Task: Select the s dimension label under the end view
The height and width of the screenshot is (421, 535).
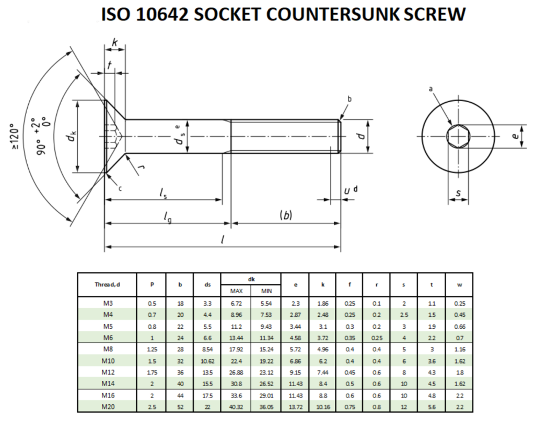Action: pyautogui.click(x=458, y=194)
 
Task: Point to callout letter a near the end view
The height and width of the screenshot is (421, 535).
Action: pyautogui.click(x=431, y=90)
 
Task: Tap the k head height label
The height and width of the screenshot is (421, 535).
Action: pyautogui.click(x=114, y=43)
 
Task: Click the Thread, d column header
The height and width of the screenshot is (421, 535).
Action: pyautogui.click(x=107, y=284)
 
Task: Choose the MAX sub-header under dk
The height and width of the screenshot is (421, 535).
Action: pyautogui.click(x=236, y=291)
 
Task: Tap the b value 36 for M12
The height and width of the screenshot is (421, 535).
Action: pyautogui.click(x=180, y=371)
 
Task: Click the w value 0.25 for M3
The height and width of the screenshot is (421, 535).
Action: pyautogui.click(x=459, y=303)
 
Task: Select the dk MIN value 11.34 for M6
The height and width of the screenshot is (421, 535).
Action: pyautogui.click(x=266, y=338)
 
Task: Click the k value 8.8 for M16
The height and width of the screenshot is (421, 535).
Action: pyautogui.click(x=322, y=395)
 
